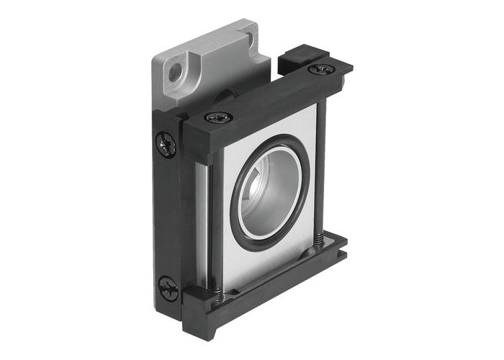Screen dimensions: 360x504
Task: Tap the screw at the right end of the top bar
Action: coord(320,69)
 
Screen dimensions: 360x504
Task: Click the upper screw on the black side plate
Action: coord(166,145)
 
